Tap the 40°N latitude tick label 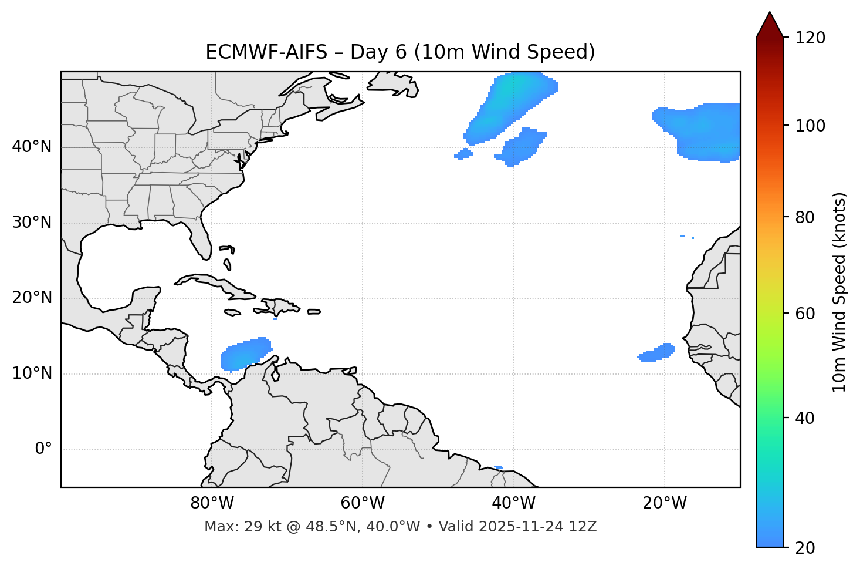point(32,147)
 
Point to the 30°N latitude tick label point(32,223)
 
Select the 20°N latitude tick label point(32,298)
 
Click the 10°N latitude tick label point(32,373)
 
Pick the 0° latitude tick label point(43,449)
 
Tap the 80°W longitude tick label point(212,503)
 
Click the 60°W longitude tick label point(363,503)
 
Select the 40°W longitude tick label point(513,503)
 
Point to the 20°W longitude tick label point(664,503)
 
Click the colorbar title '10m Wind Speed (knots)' point(839,292)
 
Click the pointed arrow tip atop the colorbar point(770,14)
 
